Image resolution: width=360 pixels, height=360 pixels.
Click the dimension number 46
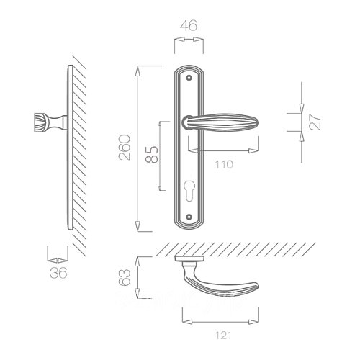[189, 25]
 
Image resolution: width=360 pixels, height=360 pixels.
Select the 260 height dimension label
[125, 148]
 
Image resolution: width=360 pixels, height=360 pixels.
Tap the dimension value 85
[152, 154]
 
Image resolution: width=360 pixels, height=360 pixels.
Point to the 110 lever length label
[224, 165]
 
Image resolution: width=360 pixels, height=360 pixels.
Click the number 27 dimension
[315, 122]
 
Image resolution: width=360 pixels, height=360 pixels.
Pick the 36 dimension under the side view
[58, 273]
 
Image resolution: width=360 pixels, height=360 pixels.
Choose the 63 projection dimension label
[125, 277]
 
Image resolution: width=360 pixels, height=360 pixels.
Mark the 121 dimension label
[223, 336]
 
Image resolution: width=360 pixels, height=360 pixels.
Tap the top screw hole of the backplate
[189, 78]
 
